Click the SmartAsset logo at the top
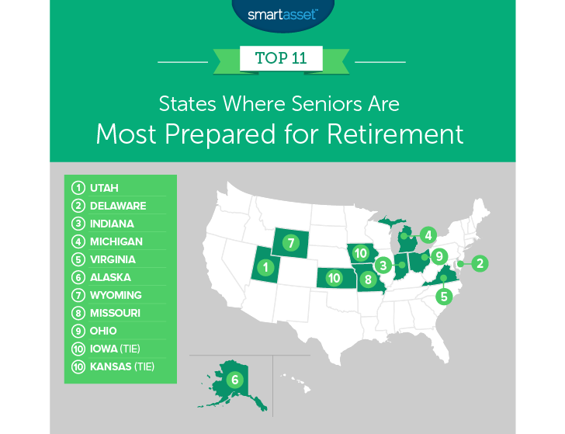coord(282,14)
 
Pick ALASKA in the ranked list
coord(110,277)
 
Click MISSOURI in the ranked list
coord(115,313)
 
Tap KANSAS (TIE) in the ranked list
coord(121,366)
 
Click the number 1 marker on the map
coord(266,268)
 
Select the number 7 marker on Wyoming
coord(290,242)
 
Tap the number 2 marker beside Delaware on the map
coord(480,263)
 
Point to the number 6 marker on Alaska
coord(234,380)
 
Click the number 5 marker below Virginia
coord(443,295)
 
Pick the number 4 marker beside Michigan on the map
coord(427,234)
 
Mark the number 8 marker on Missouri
coord(369,279)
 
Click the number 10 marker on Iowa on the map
coord(359,252)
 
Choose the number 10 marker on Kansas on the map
coord(334,277)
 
